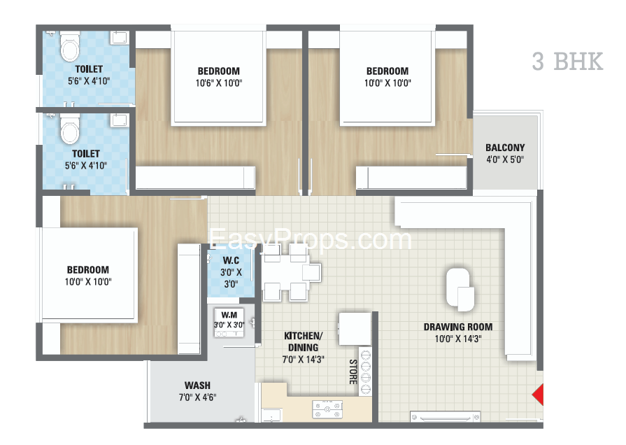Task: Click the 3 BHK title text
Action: click(x=567, y=62)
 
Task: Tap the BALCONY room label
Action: click(x=505, y=148)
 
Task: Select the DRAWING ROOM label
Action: click(x=458, y=327)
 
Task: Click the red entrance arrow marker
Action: click(x=538, y=395)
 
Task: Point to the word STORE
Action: click(x=353, y=372)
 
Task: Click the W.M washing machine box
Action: click(x=229, y=323)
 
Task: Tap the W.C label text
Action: click(x=231, y=260)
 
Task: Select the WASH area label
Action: click(x=197, y=386)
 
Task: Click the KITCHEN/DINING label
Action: click(x=303, y=341)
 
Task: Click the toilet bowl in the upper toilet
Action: click(x=69, y=47)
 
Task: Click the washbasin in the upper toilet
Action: click(x=119, y=38)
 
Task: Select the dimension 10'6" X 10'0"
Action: click(x=219, y=83)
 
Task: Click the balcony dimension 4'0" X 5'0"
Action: click(x=505, y=160)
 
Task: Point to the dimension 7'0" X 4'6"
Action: click(x=197, y=397)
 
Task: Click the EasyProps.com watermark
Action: click(x=311, y=240)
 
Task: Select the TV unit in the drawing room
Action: click(x=445, y=417)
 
